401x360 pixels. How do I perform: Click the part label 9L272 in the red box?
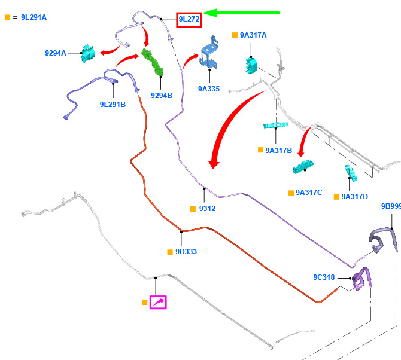[189, 19]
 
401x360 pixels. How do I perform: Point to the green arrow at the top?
[241, 13]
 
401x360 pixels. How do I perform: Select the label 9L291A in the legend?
[34, 17]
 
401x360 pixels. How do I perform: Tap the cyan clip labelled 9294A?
[88, 53]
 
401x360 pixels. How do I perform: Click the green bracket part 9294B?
[153, 63]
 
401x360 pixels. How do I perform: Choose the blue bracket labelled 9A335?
[209, 54]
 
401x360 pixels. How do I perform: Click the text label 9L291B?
[113, 105]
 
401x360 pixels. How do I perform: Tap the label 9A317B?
[279, 151]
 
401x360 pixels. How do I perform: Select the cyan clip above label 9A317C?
[303, 167]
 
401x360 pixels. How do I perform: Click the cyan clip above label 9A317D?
[351, 173]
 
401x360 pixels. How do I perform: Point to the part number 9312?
[208, 209]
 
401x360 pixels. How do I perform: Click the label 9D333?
[186, 252]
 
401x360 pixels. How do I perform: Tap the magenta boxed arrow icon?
[158, 303]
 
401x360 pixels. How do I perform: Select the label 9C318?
[324, 277]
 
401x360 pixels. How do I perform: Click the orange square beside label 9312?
[193, 209]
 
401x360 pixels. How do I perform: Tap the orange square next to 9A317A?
[235, 35]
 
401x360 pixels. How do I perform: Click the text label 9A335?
[209, 89]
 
